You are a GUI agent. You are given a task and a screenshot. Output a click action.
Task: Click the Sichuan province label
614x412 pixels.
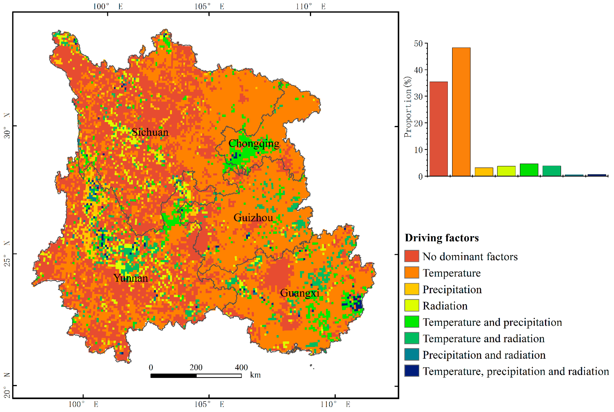click(x=150, y=132)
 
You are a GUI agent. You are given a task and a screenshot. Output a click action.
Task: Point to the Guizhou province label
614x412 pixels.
click(x=253, y=218)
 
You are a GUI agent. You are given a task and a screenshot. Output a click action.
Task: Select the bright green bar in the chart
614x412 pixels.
click(x=529, y=170)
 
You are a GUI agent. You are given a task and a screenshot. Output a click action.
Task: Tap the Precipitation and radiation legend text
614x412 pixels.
click(x=484, y=355)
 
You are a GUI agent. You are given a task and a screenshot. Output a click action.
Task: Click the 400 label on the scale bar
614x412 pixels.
click(x=241, y=367)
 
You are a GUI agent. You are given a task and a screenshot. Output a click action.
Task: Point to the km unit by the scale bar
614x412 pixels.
click(x=255, y=375)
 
